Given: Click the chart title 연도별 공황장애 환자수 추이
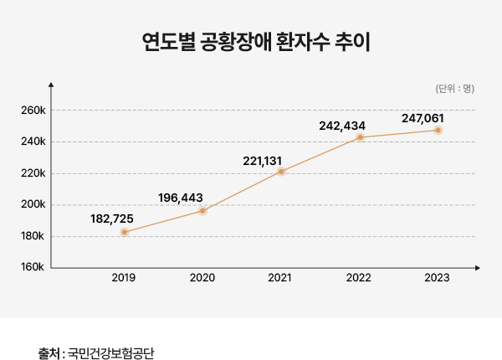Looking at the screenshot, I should click(x=251, y=43).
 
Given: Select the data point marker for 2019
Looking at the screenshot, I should click(x=124, y=232).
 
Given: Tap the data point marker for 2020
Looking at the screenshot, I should click(x=202, y=211).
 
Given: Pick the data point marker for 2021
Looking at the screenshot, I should click(x=281, y=172).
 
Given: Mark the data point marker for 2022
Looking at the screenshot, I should click(x=360, y=137).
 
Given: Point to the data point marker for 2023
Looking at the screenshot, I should click(x=438, y=131).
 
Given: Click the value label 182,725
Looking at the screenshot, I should click(x=112, y=219).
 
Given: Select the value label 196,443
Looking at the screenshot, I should click(x=181, y=198).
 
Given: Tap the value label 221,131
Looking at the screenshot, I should click(x=264, y=159).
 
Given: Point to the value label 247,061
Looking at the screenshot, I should click(x=423, y=117).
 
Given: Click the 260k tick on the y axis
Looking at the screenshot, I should click(x=33, y=111).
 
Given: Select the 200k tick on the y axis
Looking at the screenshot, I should click(x=33, y=205).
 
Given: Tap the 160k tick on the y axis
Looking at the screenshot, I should click(x=33, y=268).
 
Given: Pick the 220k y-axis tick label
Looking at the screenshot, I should click(x=33, y=173).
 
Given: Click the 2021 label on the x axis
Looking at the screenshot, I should click(x=281, y=278).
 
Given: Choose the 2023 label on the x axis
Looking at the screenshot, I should click(x=438, y=278).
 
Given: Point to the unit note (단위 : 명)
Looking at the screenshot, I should click(x=455, y=88).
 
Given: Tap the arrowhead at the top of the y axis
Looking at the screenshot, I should click(x=52, y=84).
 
